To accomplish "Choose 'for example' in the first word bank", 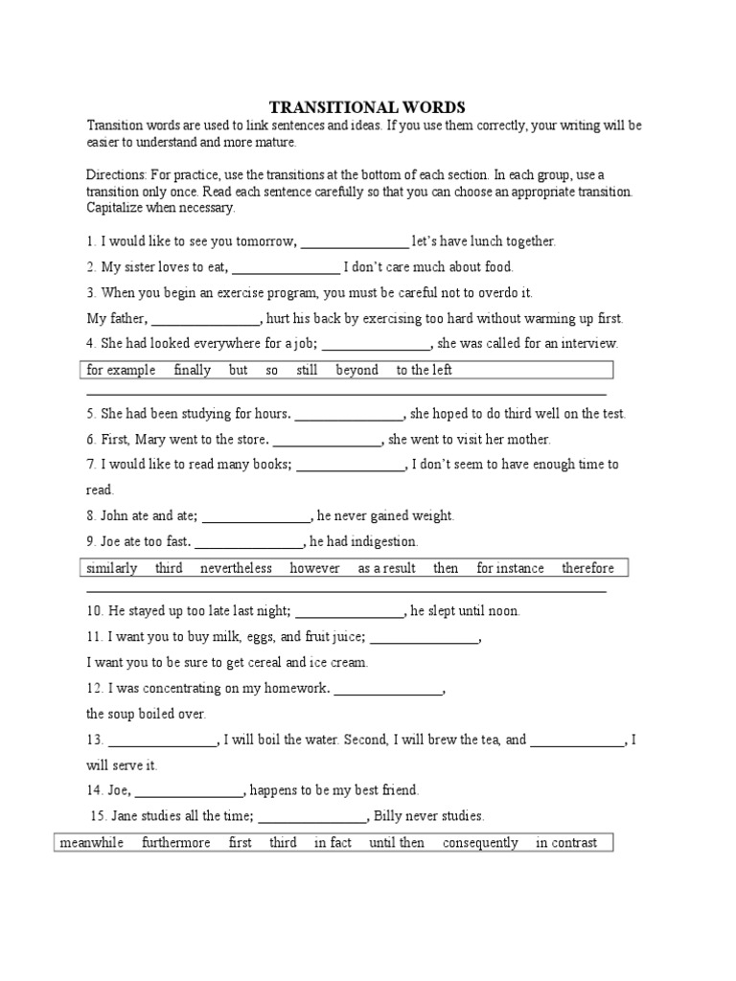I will pyautogui.click(x=121, y=370).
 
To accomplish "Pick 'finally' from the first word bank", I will pyautogui.click(x=192, y=370).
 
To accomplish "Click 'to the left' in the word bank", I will pyautogui.click(x=424, y=370).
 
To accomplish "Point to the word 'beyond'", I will pyautogui.click(x=356, y=370).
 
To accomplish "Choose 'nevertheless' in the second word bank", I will pyautogui.click(x=236, y=568).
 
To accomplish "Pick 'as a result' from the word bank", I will pyautogui.click(x=386, y=568).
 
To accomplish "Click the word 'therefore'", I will pyautogui.click(x=587, y=568).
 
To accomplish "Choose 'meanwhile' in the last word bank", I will pyautogui.click(x=91, y=843).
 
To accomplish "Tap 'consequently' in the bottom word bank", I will pyautogui.click(x=480, y=843).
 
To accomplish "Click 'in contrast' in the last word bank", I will pyautogui.click(x=566, y=843).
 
